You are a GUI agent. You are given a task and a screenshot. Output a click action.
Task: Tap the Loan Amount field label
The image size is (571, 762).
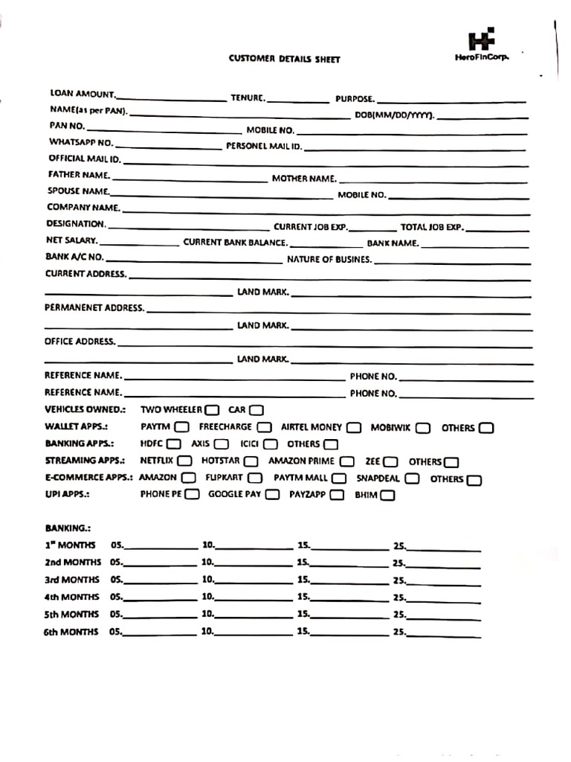click(83, 95)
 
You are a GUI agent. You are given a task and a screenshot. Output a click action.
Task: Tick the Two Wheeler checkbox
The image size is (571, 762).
click(212, 410)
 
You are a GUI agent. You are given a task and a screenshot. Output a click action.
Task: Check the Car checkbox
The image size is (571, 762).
click(257, 410)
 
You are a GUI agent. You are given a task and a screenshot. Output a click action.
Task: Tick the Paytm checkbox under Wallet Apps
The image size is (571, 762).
click(181, 427)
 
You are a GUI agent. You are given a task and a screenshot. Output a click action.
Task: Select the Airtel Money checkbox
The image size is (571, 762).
click(354, 428)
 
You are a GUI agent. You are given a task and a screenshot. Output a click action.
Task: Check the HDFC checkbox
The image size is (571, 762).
click(174, 444)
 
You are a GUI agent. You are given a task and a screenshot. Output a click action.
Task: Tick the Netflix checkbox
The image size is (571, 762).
click(184, 461)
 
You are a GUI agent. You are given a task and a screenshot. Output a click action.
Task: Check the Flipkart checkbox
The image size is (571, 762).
click(255, 478)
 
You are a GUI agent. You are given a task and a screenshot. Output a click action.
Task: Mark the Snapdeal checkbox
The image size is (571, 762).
click(412, 479)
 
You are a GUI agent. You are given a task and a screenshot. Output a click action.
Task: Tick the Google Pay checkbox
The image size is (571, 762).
click(272, 495)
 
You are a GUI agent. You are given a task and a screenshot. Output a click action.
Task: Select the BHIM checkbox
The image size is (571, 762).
click(387, 496)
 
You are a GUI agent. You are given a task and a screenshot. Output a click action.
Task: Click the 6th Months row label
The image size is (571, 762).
click(71, 632)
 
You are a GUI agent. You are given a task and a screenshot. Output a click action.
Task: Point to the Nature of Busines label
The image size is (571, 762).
click(329, 260)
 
